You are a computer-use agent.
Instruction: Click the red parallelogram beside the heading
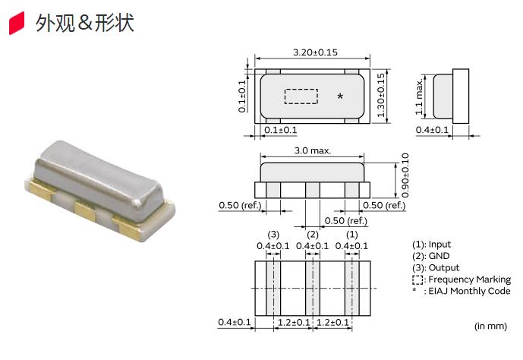(17, 23)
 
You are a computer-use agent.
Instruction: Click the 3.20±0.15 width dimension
(315, 52)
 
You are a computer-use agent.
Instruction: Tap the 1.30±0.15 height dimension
(381, 96)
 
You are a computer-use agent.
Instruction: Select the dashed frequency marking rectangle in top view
(301, 96)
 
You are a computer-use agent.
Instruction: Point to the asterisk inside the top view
(340, 96)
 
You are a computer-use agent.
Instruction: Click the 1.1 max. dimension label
(419, 96)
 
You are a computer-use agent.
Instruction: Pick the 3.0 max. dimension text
(313, 151)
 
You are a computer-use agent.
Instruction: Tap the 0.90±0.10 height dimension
(405, 175)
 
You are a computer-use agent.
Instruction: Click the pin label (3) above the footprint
(273, 235)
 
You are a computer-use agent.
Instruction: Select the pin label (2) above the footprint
(313, 235)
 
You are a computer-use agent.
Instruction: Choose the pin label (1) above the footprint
(352, 235)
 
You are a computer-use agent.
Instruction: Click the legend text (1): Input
(432, 245)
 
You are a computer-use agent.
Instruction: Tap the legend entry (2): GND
(431, 256)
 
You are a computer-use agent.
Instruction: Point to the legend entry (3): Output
(436, 267)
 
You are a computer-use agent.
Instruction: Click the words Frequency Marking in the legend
(470, 279)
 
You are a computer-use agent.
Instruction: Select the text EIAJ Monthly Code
(469, 291)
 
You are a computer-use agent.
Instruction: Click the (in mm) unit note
(490, 326)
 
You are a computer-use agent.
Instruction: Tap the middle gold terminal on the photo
(85, 210)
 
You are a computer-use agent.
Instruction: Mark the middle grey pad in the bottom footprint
(313, 289)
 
